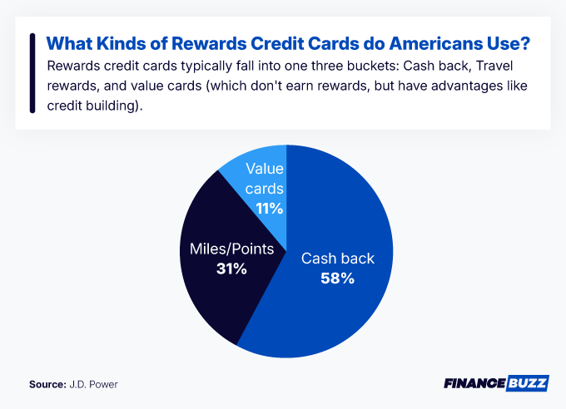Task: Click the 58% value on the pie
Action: pyautogui.click(x=337, y=278)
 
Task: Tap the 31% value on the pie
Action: pyautogui.click(x=231, y=269)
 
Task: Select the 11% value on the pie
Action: pyautogui.click(x=264, y=209)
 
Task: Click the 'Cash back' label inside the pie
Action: pyautogui.click(x=337, y=259)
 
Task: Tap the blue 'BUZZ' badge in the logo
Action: pyautogui.click(x=524, y=384)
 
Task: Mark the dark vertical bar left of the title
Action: pyautogui.click(x=31, y=73)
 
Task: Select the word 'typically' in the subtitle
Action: pyautogui.click(x=179, y=66)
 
